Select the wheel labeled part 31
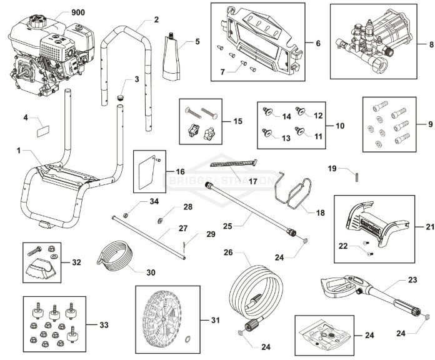(164, 319)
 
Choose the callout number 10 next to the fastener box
(339, 126)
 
